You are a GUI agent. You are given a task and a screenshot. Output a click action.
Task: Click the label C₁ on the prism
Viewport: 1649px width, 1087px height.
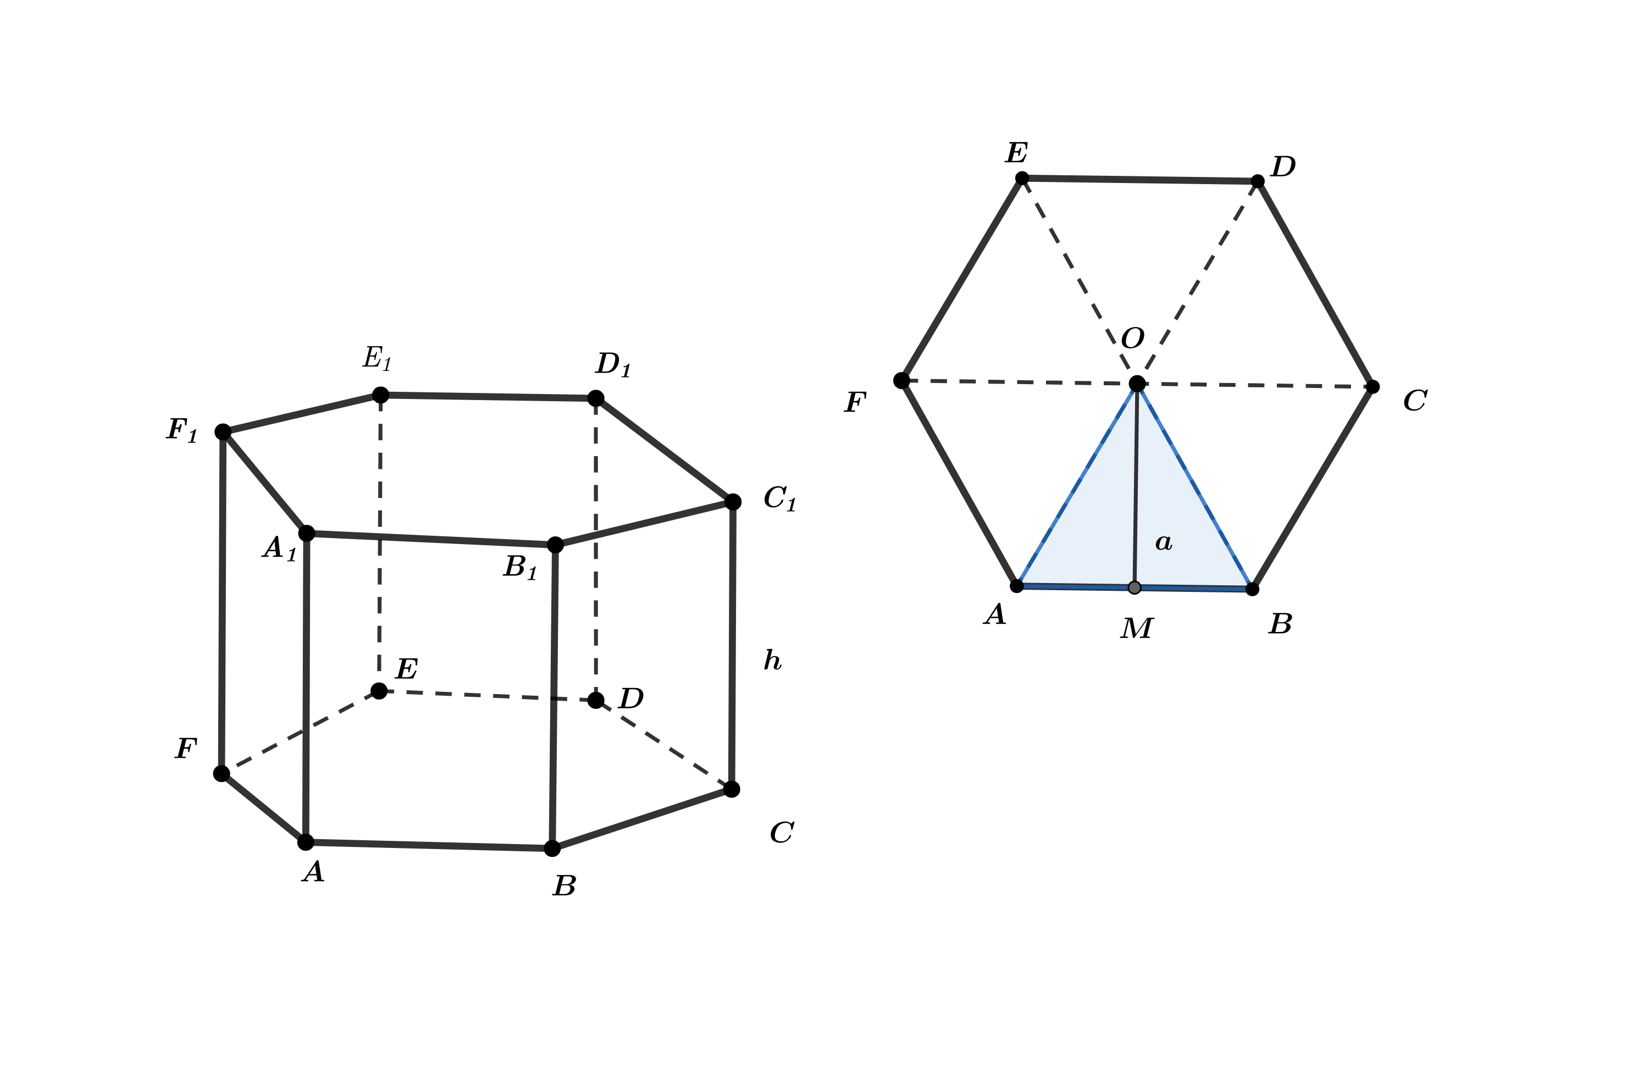[780, 498]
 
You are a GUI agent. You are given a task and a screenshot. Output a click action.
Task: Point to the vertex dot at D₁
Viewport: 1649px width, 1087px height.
[596, 398]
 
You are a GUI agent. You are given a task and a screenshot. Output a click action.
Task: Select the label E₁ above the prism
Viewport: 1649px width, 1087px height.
[378, 358]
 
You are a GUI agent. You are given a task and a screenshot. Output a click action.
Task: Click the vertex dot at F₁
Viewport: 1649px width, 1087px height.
[223, 432]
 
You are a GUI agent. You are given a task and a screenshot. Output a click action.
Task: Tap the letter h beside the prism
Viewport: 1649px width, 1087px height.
[772, 660]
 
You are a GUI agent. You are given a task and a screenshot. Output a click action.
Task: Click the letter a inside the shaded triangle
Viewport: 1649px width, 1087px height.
[1164, 542]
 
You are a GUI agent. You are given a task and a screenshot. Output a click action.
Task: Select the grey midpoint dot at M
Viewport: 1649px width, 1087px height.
[1135, 588]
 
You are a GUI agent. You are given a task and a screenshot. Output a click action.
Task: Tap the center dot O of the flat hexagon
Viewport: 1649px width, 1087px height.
[1137, 384]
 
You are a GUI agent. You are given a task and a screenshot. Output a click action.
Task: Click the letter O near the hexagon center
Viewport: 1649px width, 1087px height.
[1133, 339]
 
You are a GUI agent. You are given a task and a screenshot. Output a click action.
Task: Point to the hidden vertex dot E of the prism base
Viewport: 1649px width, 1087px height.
[379, 690]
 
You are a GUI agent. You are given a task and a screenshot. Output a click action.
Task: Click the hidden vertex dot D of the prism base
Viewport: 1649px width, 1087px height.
[596, 700]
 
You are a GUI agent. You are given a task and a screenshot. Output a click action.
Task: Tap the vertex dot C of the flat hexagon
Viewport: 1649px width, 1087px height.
[1373, 387]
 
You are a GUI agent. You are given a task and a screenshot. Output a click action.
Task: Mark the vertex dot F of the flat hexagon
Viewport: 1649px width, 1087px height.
[901, 380]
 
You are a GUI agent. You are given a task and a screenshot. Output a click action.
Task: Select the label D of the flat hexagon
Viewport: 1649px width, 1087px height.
[1283, 167]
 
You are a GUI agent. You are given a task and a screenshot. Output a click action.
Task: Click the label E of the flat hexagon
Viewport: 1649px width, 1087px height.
[1016, 153]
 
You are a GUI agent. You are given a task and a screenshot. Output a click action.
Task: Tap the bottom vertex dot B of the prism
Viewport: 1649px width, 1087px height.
[552, 848]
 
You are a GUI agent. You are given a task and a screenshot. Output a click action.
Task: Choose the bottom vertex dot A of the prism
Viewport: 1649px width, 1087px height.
[306, 842]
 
